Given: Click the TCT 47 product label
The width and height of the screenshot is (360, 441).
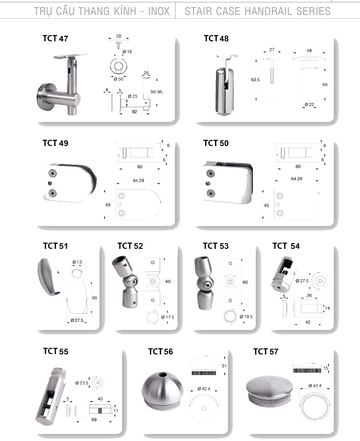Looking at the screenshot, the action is (x=55, y=38).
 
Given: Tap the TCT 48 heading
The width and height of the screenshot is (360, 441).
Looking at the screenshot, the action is (x=216, y=38).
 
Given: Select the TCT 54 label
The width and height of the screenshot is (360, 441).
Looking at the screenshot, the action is (x=286, y=246).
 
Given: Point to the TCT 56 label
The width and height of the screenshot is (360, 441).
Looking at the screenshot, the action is (x=160, y=352).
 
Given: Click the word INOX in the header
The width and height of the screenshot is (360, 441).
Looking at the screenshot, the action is (x=159, y=11).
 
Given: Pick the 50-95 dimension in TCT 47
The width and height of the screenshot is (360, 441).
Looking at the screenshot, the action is (x=156, y=92).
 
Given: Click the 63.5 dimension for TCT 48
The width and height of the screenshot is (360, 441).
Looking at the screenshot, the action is (x=255, y=80).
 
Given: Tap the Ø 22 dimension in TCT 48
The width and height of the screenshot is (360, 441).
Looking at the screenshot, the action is (x=309, y=105).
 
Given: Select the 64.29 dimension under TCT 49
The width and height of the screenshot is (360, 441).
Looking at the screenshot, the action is (x=139, y=180).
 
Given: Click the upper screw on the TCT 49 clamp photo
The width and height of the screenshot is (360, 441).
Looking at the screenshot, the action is (x=52, y=173).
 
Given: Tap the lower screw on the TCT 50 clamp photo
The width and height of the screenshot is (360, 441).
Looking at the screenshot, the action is (x=211, y=193).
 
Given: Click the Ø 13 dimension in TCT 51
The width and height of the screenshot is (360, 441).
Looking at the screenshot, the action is (x=77, y=262).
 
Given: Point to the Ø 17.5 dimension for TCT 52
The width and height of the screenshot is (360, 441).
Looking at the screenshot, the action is (x=168, y=317).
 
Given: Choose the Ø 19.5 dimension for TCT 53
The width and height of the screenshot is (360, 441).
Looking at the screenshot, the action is (x=246, y=317).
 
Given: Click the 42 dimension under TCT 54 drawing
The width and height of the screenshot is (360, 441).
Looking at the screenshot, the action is (x=308, y=322).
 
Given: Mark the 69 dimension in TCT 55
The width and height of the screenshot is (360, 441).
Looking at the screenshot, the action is (x=94, y=420).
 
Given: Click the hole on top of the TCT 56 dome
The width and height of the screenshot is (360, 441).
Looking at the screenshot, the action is (x=163, y=375).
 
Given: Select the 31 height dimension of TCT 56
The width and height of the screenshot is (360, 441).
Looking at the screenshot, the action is (x=224, y=366).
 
